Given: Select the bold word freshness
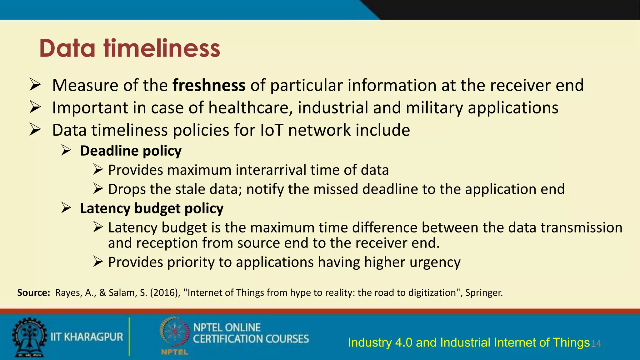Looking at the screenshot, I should click(x=209, y=85).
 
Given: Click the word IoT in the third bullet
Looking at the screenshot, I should click(x=272, y=130).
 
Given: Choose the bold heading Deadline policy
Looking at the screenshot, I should click(x=131, y=151).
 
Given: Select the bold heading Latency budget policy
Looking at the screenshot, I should click(x=152, y=208).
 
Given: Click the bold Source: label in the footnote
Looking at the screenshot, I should click(x=33, y=293).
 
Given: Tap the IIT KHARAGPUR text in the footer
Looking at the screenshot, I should click(x=87, y=337).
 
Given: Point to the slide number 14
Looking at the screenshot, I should click(x=596, y=344).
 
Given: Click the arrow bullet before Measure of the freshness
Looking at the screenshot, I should click(x=35, y=85).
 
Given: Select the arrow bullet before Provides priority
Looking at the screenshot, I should click(x=98, y=262).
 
